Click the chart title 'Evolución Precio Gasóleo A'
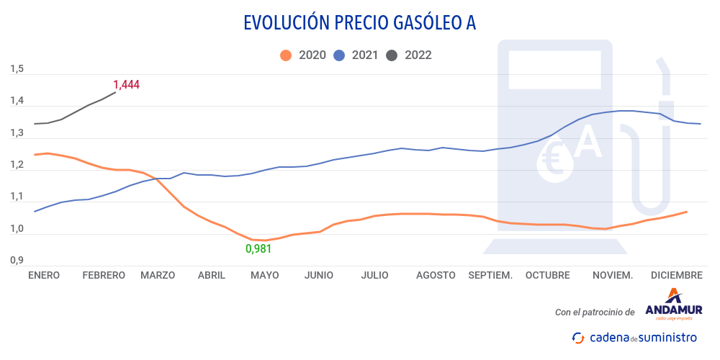359,23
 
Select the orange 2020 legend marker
286,55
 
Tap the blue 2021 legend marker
339,55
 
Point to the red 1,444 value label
126,84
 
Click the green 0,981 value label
259,248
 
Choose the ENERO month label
44,275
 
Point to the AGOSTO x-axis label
436,275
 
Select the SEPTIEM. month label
490,275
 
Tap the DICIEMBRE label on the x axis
676,275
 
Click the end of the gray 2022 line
115,92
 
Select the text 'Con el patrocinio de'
595,312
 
